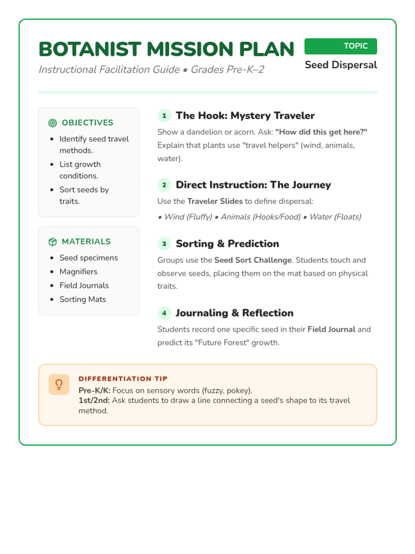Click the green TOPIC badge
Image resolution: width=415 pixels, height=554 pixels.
tap(341, 46)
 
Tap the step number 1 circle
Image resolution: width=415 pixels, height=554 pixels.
tap(164, 116)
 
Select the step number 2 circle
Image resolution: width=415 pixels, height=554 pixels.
tap(164, 185)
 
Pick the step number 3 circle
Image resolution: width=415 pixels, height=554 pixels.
tap(164, 244)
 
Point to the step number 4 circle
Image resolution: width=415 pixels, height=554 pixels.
tap(164, 313)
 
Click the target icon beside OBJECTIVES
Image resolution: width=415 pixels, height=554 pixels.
tap(53, 123)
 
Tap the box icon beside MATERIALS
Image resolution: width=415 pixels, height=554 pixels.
tap(53, 242)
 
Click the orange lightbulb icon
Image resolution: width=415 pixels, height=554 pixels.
tap(59, 384)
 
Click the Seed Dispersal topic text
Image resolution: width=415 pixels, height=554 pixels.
tap(341, 65)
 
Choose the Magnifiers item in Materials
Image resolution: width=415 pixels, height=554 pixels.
tap(78, 271)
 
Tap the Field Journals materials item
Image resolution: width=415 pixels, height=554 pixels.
tap(84, 285)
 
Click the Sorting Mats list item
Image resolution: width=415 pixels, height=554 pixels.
tap(83, 299)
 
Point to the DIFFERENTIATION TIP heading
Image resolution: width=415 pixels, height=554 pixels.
tap(123, 378)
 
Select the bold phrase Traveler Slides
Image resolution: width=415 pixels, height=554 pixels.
tap(215, 201)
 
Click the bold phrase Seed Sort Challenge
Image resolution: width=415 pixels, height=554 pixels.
tap(253, 260)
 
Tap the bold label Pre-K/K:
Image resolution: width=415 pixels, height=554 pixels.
tap(94, 391)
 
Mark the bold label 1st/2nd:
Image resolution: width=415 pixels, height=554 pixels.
tap(94, 401)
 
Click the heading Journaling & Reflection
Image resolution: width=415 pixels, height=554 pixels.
tap(234, 313)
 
